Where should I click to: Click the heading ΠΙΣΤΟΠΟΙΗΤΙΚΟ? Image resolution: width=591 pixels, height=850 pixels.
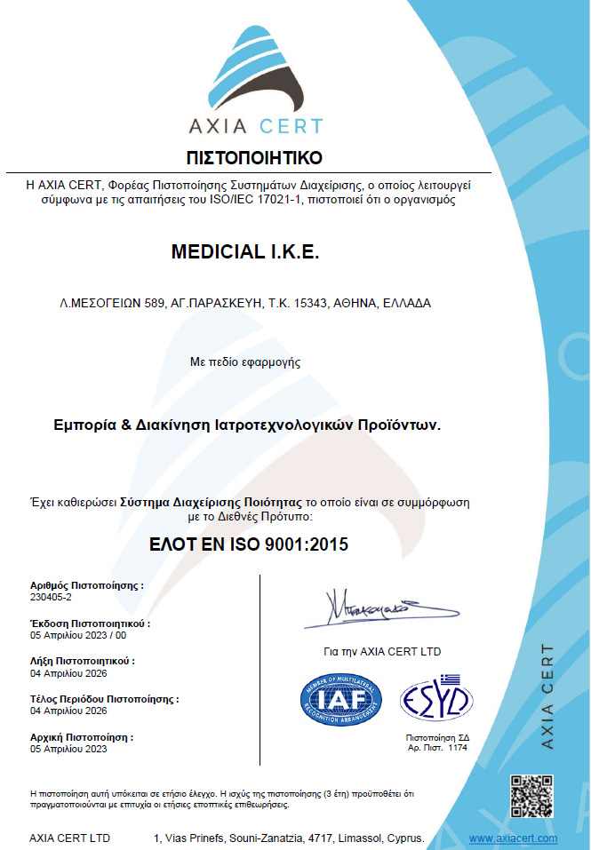pos(254,158)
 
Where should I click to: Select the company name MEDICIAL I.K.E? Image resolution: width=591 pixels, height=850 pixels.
pos(244,253)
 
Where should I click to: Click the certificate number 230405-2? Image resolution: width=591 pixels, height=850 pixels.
pos(50,599)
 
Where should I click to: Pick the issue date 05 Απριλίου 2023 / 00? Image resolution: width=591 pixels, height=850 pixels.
pos(78,636)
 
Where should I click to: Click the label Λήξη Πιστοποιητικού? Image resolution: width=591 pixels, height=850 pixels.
pos(82,662)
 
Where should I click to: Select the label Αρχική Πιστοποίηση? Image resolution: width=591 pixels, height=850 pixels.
pos(81,737)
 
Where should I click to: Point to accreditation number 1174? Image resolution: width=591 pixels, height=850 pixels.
pos(457,748)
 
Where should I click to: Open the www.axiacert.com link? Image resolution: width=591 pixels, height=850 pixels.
pos(513,838)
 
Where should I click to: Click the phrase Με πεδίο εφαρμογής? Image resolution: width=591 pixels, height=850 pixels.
pos(258,361)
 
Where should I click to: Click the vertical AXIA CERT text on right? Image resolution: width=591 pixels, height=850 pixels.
pos(547,697)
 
